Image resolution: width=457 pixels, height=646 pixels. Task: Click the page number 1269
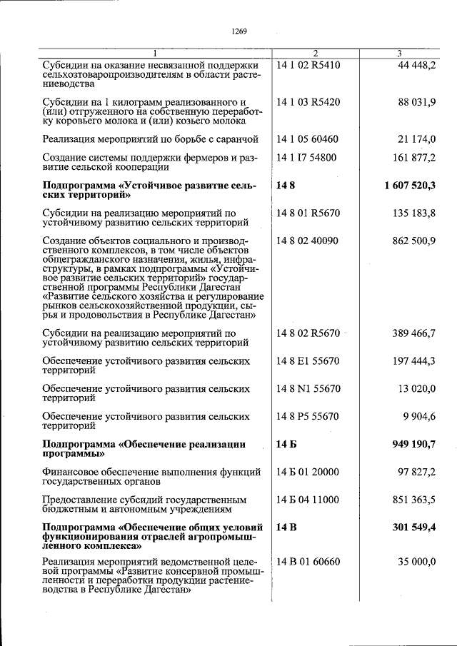(x=238, y=31)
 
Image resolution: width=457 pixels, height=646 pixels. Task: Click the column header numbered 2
(x=315, y=54)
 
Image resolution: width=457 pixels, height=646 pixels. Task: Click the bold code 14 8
(x=285, y=186)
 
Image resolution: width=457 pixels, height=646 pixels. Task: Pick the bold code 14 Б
(x=286, y=445)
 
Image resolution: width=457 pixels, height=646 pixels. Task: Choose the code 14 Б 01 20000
(x=307, y=473)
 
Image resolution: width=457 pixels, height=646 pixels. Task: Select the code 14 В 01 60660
(x=308, y=562)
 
